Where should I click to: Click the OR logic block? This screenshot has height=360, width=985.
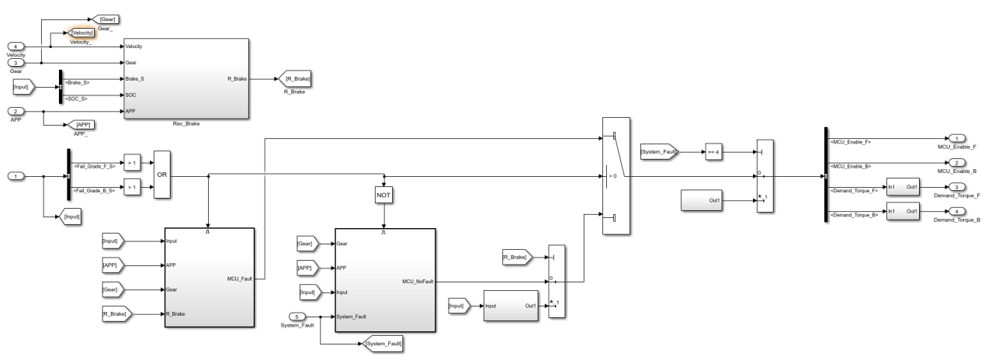pos(162,175)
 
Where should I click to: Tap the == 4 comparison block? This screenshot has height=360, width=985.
pos(714,151)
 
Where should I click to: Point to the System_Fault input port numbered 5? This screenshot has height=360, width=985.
pos(299,316)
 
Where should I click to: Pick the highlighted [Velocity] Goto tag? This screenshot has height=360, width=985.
pos(82,33)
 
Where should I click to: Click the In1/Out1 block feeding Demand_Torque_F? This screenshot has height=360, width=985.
pos(903,189)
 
